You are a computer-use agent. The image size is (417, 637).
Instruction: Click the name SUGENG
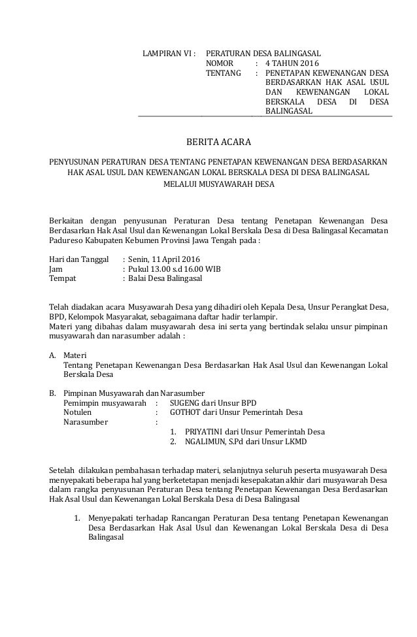185,402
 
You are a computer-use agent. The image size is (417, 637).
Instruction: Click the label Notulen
77,412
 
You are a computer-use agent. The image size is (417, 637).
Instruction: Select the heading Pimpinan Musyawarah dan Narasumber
134,393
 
